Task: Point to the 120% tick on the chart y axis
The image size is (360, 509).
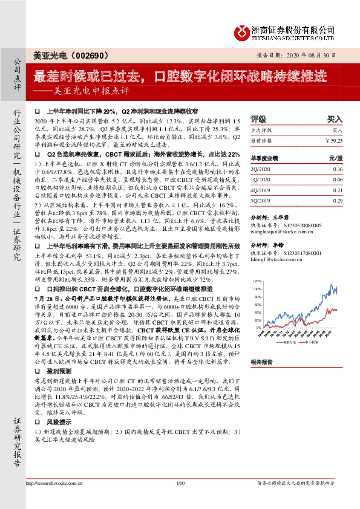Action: tap(257, 282)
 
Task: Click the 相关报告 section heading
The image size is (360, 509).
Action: tap(262, 361)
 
